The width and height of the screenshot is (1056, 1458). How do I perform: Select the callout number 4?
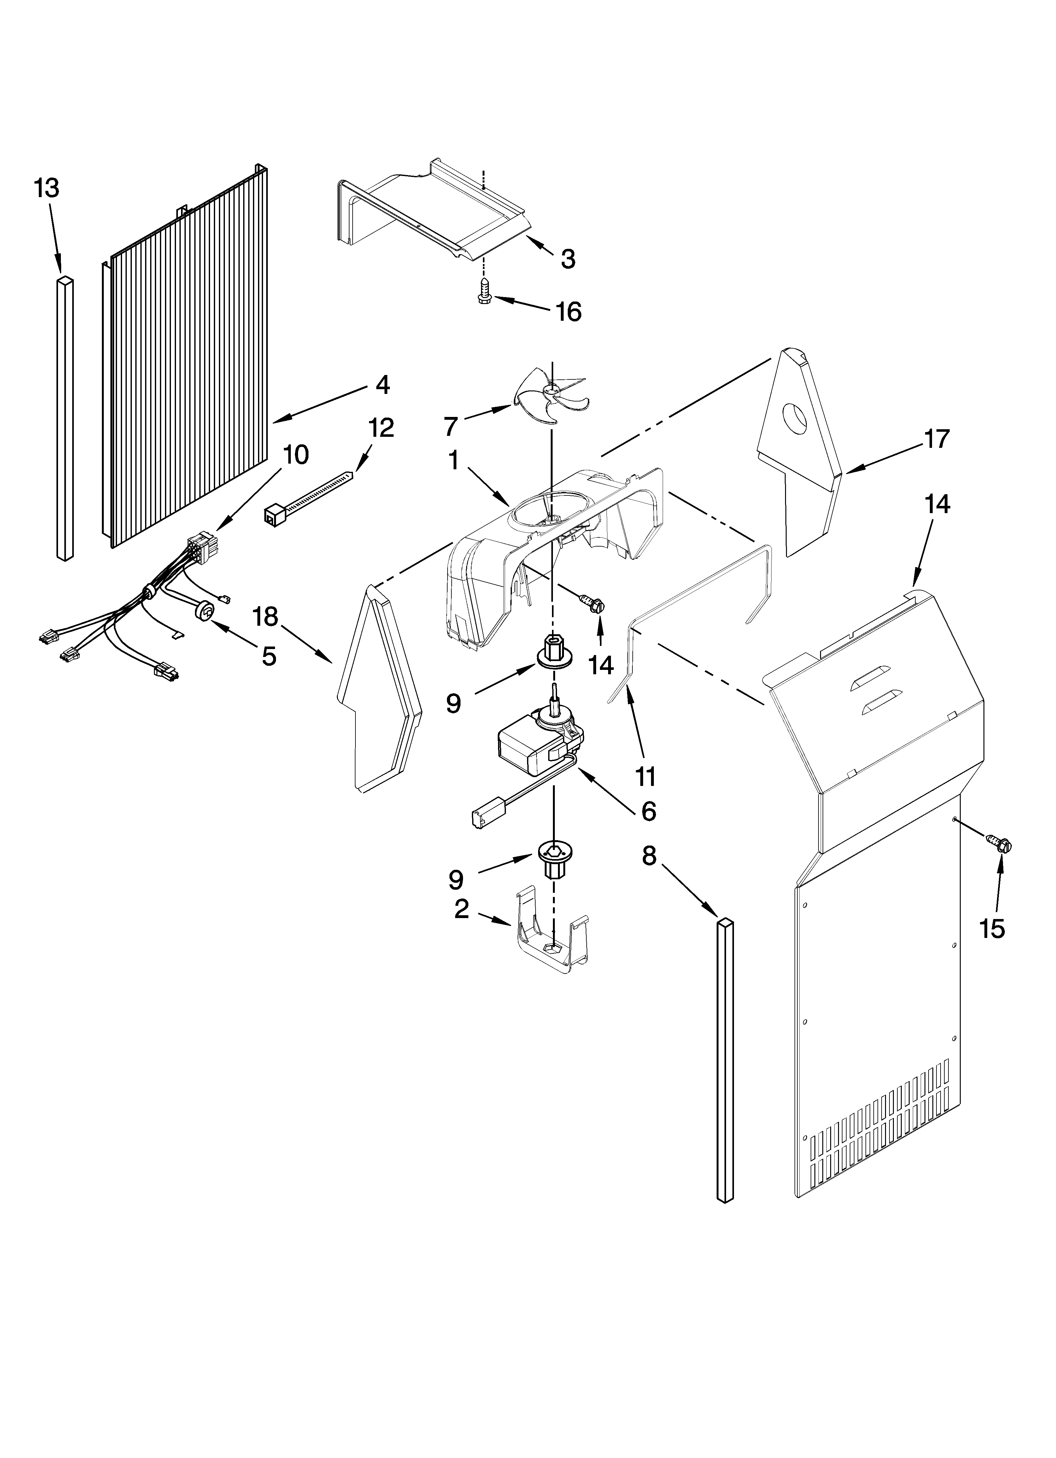tap(382, 385)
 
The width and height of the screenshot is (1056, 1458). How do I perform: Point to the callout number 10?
tap(295, 455)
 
